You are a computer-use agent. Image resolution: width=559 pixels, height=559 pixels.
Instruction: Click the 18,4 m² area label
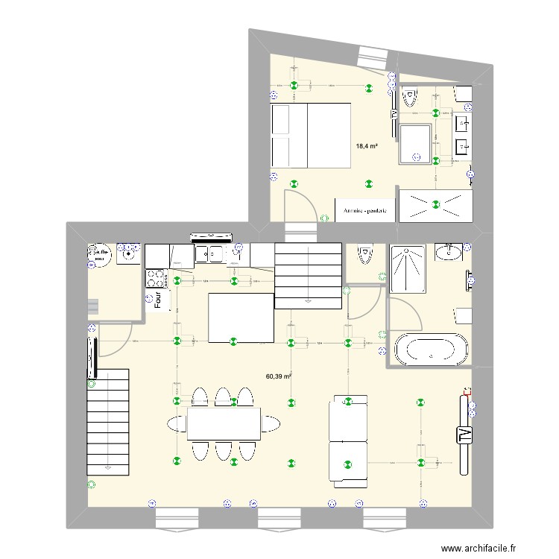click(367, 146)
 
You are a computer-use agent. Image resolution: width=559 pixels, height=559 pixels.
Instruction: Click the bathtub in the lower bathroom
click(432, 349)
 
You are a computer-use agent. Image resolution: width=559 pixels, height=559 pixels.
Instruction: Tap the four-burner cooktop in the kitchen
click(156, 278)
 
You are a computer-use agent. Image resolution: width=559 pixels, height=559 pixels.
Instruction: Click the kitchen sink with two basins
click(211, 256)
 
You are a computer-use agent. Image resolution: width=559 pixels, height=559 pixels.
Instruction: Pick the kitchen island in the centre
click(240, 318)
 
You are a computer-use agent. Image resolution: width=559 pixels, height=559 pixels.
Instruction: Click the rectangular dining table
click(224, 424)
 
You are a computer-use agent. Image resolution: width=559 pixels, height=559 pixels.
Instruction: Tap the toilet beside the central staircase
click(364, 256)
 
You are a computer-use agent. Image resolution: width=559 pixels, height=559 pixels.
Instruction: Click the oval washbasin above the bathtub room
click(449, 253)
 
